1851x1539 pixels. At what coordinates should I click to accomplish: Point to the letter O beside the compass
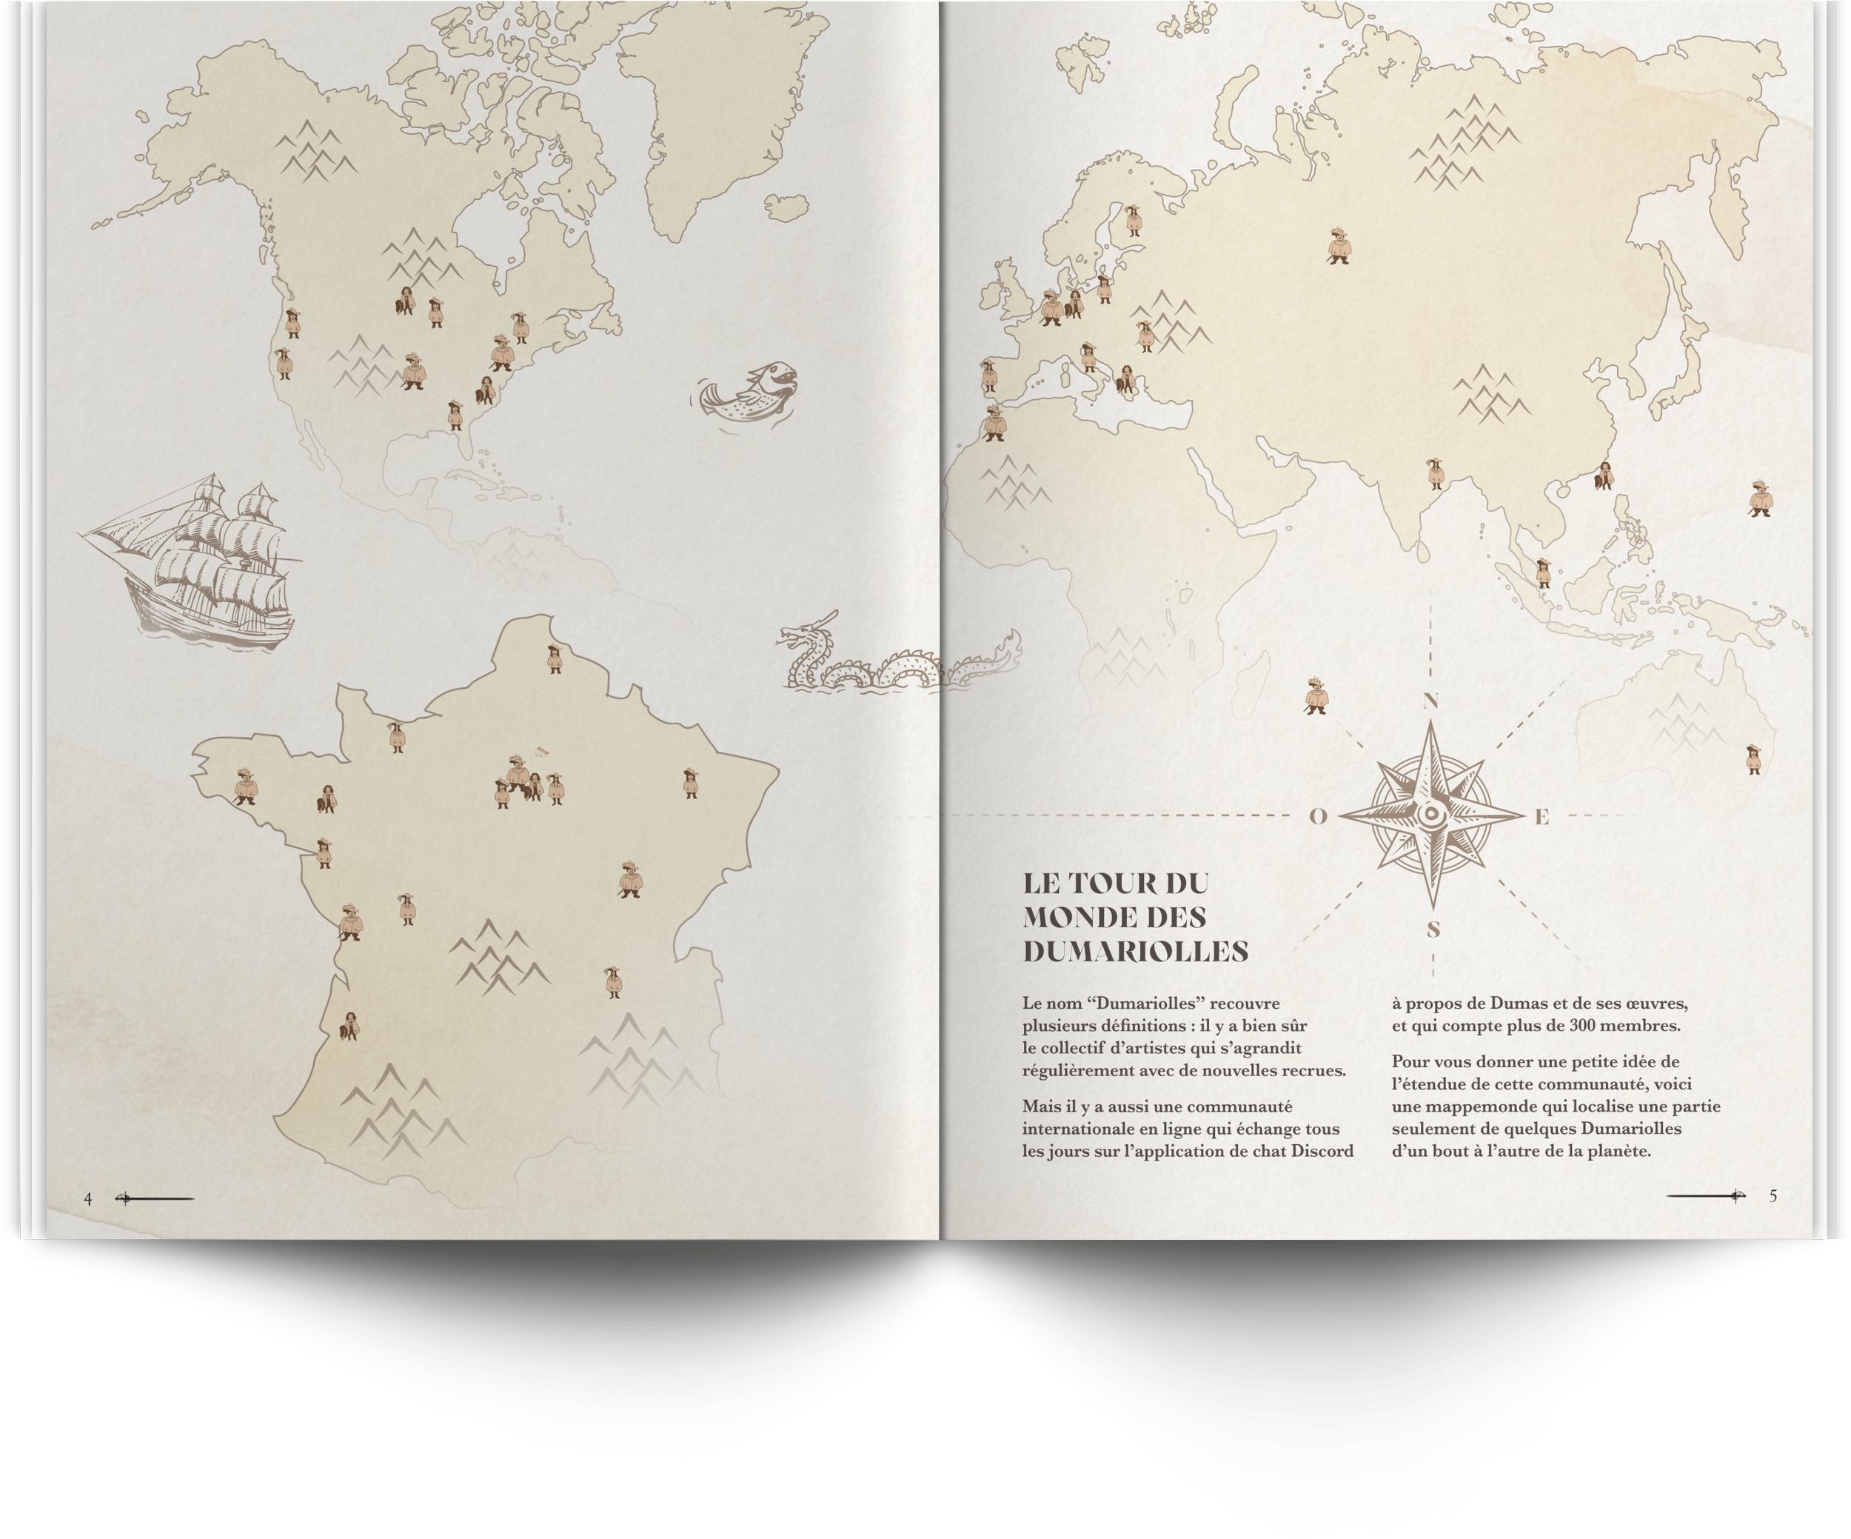coord(1318,816)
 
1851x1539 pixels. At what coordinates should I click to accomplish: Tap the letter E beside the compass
coord(1542,817)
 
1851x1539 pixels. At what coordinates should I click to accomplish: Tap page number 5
coord(1773,1196)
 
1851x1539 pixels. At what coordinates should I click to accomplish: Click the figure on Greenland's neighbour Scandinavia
coord(1133,221)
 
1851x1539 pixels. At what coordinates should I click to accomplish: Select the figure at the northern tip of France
coord(554,658)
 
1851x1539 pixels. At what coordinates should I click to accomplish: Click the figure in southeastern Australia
coord(1753,758)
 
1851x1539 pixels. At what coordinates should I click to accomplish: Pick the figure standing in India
coord(1435,473)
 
